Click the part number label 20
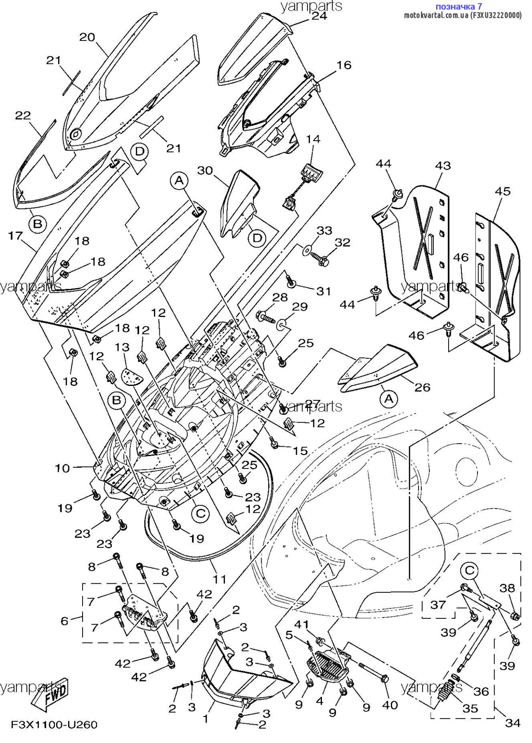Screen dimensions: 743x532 pos(87,38)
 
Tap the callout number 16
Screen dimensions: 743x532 pos(344,65)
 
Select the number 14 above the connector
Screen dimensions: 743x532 pos(313,140)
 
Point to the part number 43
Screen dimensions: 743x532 pos(443,166)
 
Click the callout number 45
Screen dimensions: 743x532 pos(502,192)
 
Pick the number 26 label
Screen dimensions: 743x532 pos(422,387)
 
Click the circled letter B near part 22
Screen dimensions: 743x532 pos(38,224)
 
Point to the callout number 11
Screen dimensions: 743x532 pos(219,580)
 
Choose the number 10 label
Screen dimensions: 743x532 pos(62,468)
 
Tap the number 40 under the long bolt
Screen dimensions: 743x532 pos(390,705)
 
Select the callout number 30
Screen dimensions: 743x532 pos(205,170)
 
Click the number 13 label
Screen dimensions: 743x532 pos(122,348)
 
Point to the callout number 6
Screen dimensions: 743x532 pos(64,621)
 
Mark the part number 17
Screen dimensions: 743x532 pos(15,236)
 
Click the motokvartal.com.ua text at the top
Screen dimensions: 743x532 pos(436,15)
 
